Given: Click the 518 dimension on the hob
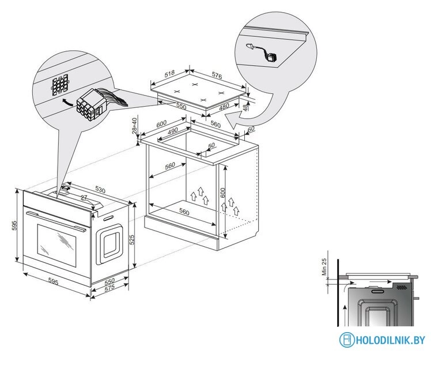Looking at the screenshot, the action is [169, 73].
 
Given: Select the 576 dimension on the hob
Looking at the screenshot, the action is [216, 76].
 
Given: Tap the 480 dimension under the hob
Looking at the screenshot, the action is [224, 107].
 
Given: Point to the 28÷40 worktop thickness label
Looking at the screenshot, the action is [134, 125].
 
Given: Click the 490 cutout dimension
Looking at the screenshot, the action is [173, 131].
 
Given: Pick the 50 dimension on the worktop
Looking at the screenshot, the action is [211, 145].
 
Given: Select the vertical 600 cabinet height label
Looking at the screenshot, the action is [222, 193].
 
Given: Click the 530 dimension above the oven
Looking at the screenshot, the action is [100, 190].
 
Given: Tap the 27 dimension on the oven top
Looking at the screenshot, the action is [84, 197].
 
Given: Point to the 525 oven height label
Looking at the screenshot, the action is [132, 240].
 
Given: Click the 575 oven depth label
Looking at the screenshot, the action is [109, 288].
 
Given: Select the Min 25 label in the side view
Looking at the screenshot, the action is [324, 267].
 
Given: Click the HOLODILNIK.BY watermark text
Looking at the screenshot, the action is [390, 340].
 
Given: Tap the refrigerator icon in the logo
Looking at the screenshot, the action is [347, 340].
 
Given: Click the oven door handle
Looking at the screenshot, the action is [56, 220].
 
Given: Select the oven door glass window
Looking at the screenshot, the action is [56, 246].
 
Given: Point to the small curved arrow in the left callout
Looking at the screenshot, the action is [67, 102].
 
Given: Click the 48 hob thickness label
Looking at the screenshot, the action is [245, 106].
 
